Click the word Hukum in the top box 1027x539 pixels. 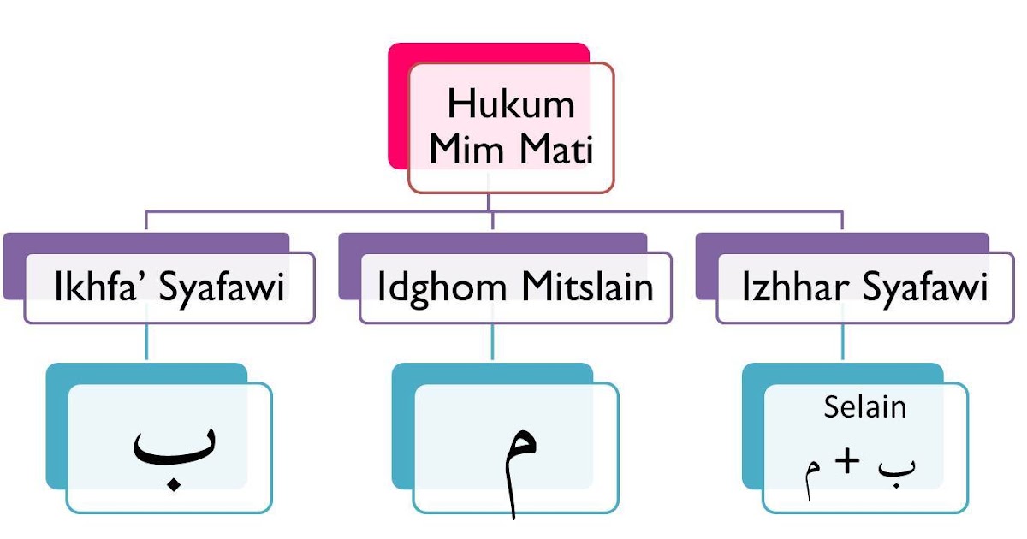point(510,105)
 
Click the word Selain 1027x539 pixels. point(864,406)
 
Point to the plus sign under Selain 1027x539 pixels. point(847,462)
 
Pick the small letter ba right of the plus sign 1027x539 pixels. point(895,466)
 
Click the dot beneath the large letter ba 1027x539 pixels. point(174,485)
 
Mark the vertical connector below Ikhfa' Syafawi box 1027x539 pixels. point(146,342)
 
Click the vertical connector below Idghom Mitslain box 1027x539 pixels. point(492,342)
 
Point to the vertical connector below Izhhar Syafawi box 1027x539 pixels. point(843,342)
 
